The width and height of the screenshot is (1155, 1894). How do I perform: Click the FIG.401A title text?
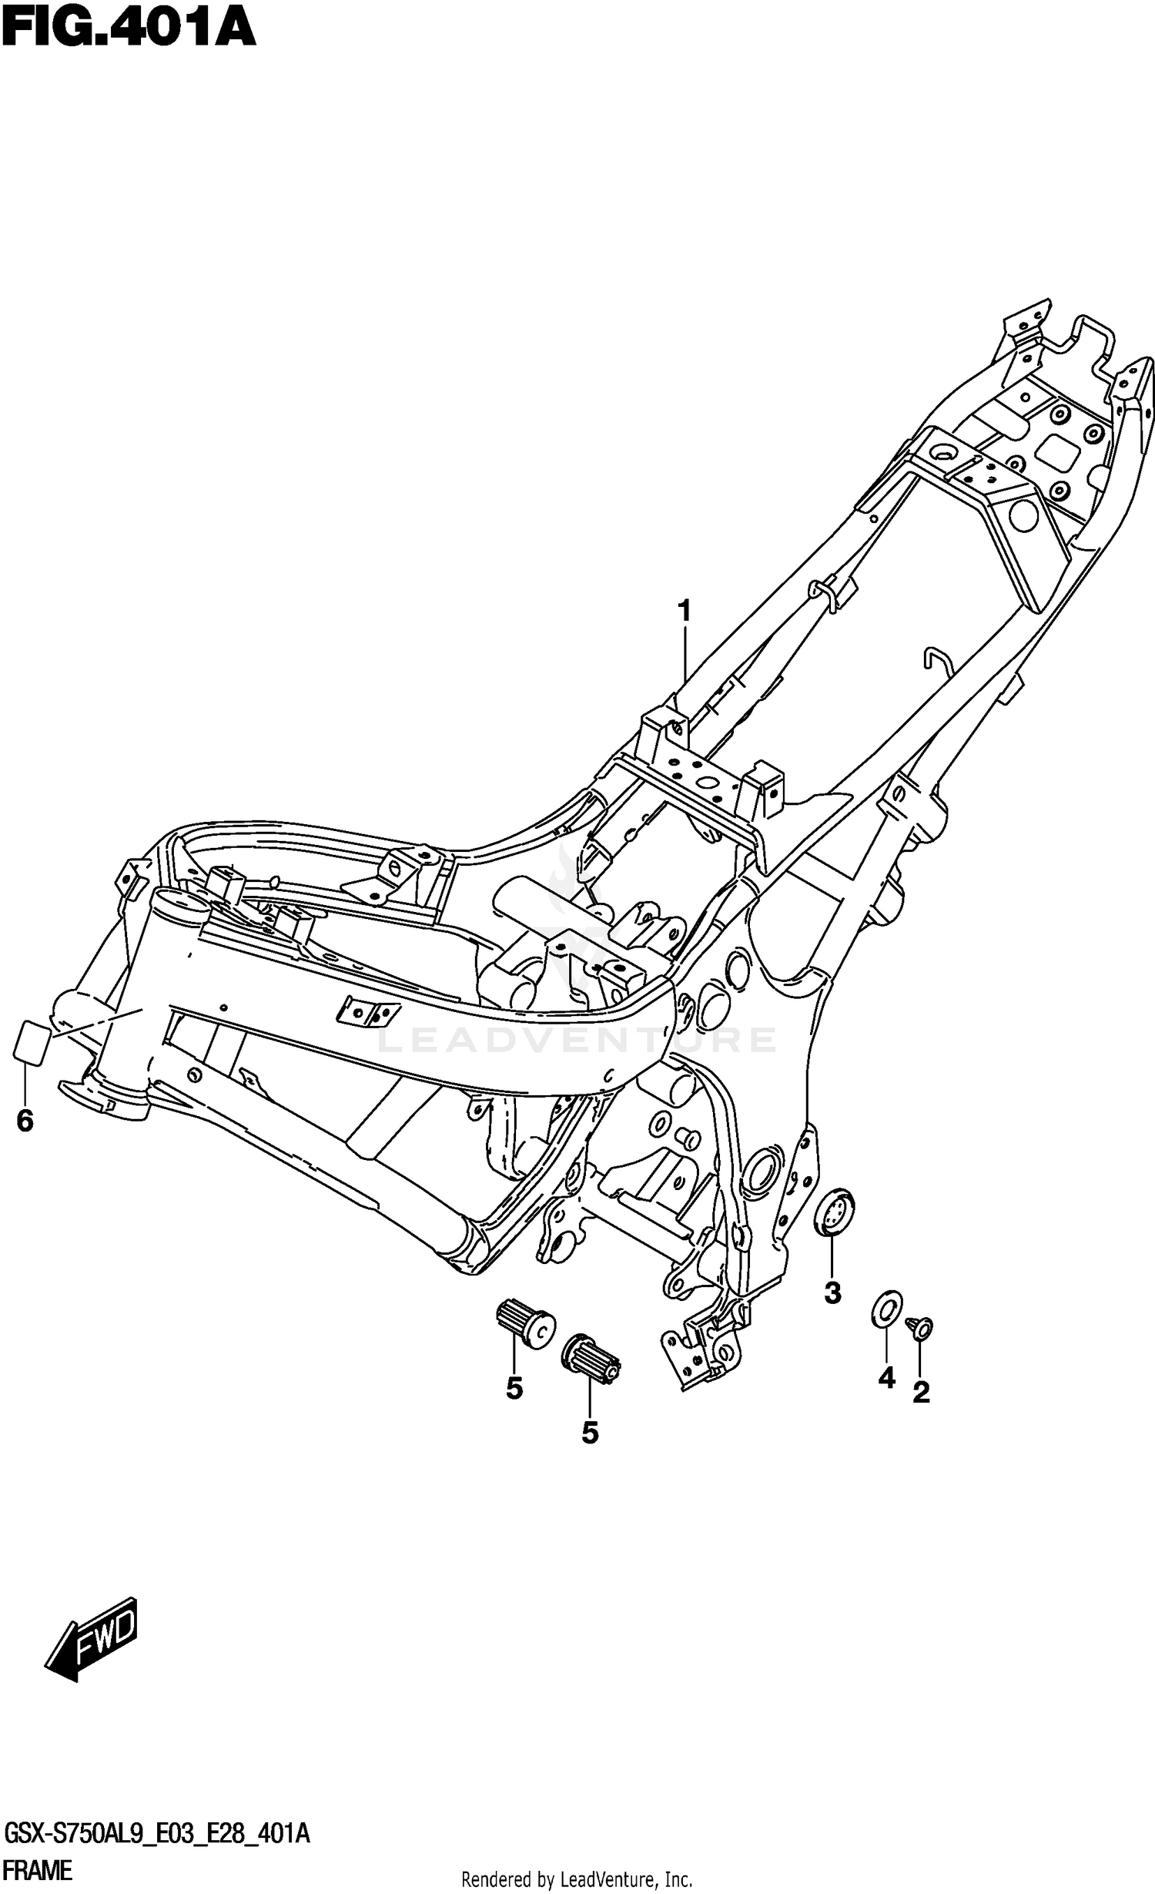[x=129, y=28]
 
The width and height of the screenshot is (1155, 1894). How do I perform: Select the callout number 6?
[x=25, y=1121]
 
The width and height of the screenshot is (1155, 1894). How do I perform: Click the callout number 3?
[x=832, y=1293]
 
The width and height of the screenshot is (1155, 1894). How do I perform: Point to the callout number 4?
[x=887, y=1377]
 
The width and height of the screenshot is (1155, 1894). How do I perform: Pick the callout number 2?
[x=921, y=1392]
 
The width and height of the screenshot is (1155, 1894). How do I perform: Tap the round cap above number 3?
[x=834, y=1213]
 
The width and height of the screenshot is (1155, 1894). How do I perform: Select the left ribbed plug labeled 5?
[x=524, y=1322]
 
